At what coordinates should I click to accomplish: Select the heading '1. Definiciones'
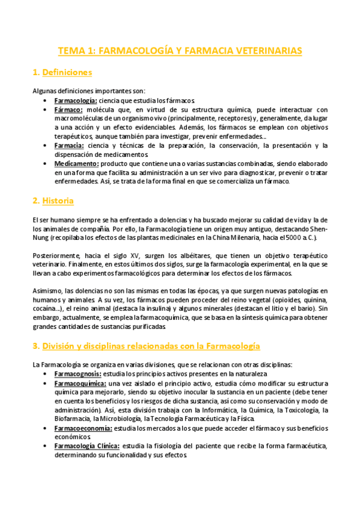(62, 73)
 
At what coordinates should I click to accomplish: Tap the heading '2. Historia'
(53, 200)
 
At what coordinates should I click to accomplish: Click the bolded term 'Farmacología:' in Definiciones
(76, 100)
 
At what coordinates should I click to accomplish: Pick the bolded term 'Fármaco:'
(69, 109)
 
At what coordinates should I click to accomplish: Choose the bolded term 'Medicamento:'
(76, 164)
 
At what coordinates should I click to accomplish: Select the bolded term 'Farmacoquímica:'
(81, 382)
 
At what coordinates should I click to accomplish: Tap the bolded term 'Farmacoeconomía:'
(83, 428)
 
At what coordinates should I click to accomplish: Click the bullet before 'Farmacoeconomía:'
(46, 428)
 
